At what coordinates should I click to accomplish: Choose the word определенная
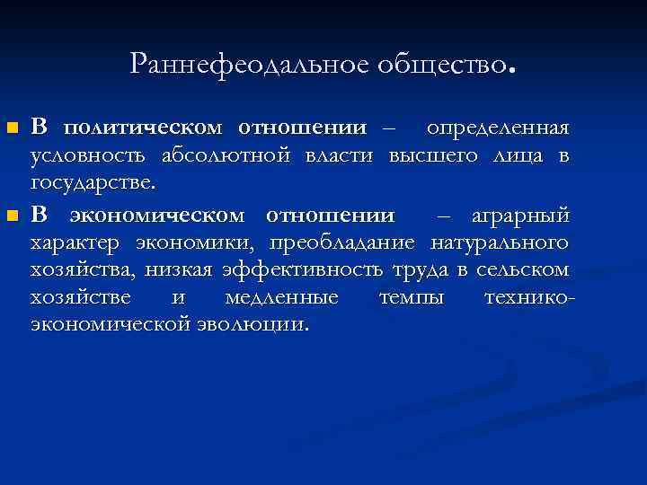pyautogui.click(x=497, y=127)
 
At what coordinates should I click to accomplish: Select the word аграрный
pyautogui.click(x=520, y=216)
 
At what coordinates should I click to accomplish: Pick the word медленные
pyautogui.click(x=281, y=296)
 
